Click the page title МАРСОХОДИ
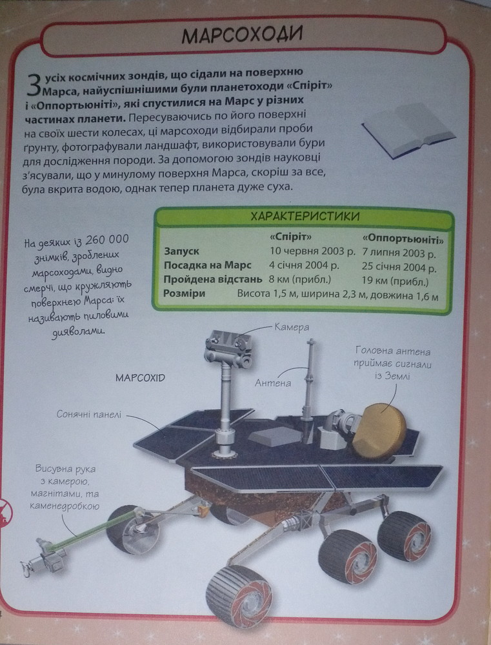tap(242, 35)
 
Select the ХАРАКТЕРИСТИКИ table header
tap(305, 217)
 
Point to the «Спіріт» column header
tap(290, 237)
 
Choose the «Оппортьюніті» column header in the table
tap(403, 239)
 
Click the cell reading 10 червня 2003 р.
tap(312, 251)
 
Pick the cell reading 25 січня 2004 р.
tap(399, 268)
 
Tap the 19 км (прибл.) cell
tap(395, 282)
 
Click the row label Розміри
tap(184, 293)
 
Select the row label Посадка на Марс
tap(207, 265)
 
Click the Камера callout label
tap(292, 328)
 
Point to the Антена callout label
tap(272, 383)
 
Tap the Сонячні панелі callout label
tap(89, 414)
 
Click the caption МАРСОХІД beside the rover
tap(140, 377)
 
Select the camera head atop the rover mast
tap(228, 349)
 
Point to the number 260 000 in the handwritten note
tap(108, 239)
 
